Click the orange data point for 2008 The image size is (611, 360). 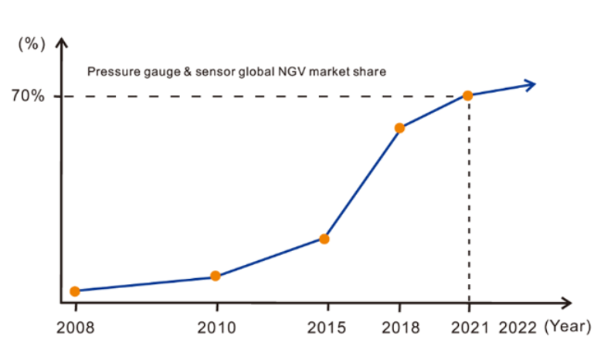[x=75, y=291]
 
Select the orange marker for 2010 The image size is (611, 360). [x=216, y=276]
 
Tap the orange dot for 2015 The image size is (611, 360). [x=324, y=239]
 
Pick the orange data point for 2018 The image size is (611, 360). [x=399, y=127]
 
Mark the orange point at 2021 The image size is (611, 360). [x=468, y=95]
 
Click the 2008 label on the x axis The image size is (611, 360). [x=75, y=328]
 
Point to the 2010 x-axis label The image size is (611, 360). [x=215, y=328]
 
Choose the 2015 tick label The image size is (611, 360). [x=324, y=328]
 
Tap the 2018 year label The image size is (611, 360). [x=399, y=328]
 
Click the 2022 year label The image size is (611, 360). [x=518, y=328]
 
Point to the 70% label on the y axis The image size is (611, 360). [x=27, y=96]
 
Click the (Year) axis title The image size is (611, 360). [x=568, y=327]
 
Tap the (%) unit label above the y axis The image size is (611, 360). [x=32, y=44]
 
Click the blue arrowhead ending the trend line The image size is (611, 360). [x=530, y=84]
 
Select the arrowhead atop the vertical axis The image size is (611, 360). [x=62, y=43]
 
